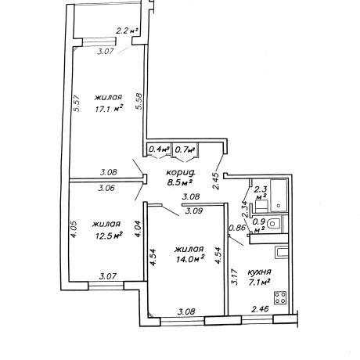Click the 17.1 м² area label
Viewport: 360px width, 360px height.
[109, 109]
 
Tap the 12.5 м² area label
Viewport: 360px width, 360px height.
[109, 236]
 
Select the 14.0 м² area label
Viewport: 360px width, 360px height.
[190, 260]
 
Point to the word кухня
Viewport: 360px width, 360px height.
[259, 272]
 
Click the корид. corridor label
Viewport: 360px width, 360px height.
[181, 172]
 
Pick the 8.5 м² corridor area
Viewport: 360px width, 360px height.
[180, 182]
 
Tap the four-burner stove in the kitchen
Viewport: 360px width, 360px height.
[280, 297]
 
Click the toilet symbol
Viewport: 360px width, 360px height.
[274, 223]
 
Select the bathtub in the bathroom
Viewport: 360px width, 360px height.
[279, 195]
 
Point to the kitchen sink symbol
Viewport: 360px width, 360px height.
[281, 253]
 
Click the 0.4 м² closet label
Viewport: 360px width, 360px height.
[159, 149]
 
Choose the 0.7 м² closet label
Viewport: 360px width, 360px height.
[185, 149]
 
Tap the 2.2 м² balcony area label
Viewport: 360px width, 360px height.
[127, 31]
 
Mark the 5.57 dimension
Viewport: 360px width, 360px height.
[77, 103]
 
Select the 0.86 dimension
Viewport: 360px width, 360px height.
[237, 228]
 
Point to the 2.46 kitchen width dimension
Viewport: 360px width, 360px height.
[260, 309]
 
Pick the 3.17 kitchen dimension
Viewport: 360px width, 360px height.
[235, 277]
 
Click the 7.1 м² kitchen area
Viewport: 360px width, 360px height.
[259, 283]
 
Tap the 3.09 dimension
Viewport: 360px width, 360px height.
[194, 211]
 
